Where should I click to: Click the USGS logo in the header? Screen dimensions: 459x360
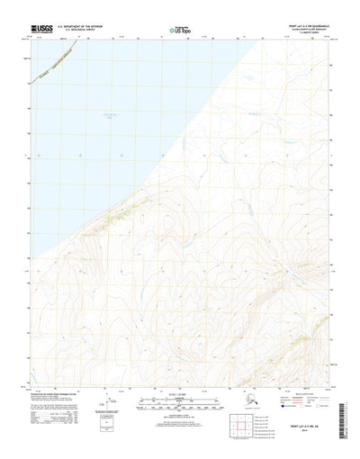tap(40, 29)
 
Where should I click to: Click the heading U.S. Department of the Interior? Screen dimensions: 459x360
tap(94, 26)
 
